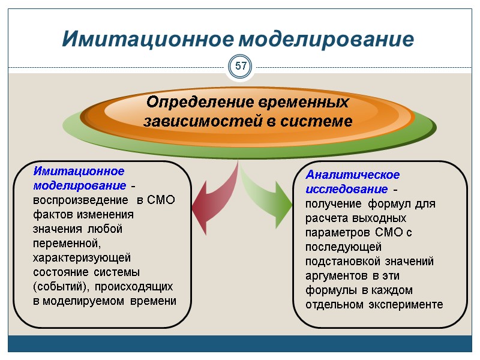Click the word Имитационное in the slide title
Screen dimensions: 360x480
(148, 39)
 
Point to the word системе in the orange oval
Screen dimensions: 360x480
(322, 121)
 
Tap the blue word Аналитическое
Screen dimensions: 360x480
(353, 175)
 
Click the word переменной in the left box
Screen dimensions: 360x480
(67, 243)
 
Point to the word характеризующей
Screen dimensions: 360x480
(82, 257)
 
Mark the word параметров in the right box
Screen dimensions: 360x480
(338, 232)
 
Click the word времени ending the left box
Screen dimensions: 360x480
(156, 301)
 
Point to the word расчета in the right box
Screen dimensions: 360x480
(326, 218)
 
